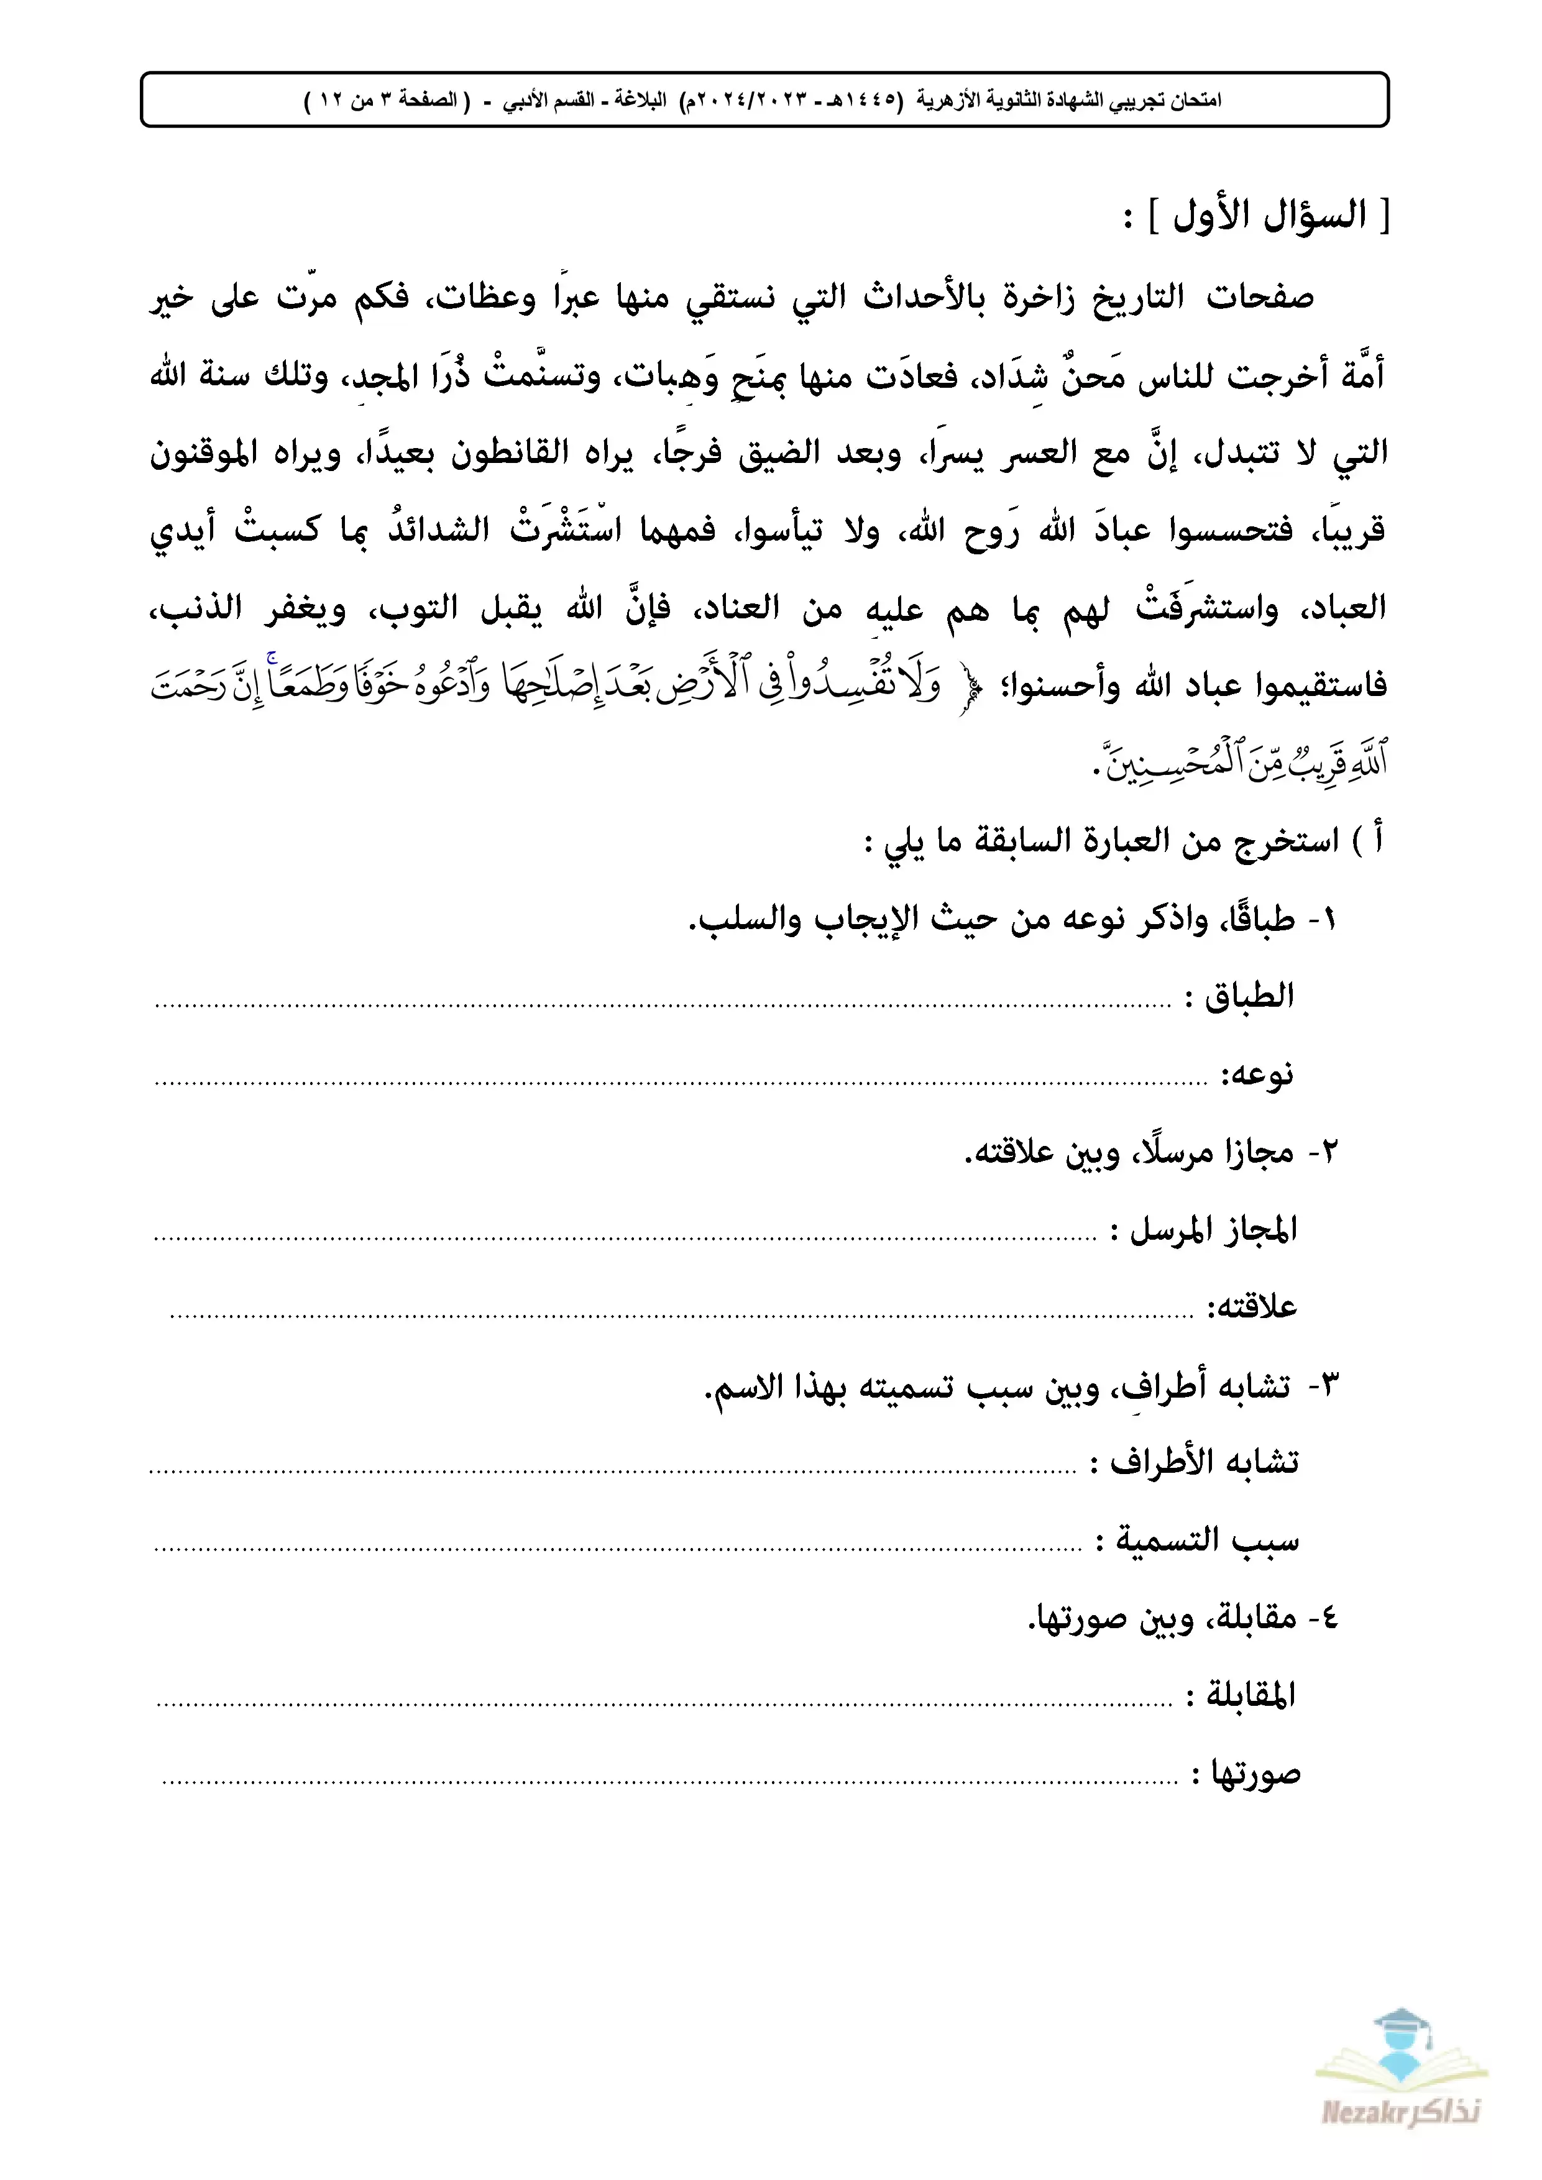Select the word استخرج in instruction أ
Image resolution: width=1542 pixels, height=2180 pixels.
click(1286, 840)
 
